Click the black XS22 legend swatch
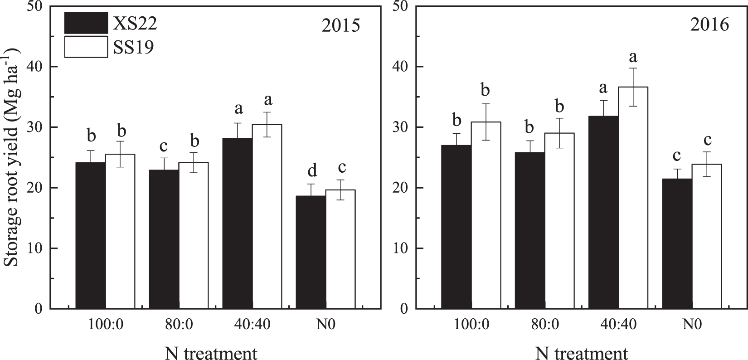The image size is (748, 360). (86, 23)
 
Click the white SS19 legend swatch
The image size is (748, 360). (86, 47)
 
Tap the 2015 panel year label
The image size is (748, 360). (340, 25)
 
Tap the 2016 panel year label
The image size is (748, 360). (710, 24)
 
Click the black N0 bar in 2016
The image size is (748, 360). (677, 243)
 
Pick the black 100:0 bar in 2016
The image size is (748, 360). (456, 227)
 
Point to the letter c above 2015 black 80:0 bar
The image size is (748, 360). (164, 146)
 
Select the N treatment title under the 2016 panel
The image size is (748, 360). (581, 351)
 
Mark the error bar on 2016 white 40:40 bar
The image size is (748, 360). (633, 87)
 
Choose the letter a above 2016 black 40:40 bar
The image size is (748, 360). (604, 87)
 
